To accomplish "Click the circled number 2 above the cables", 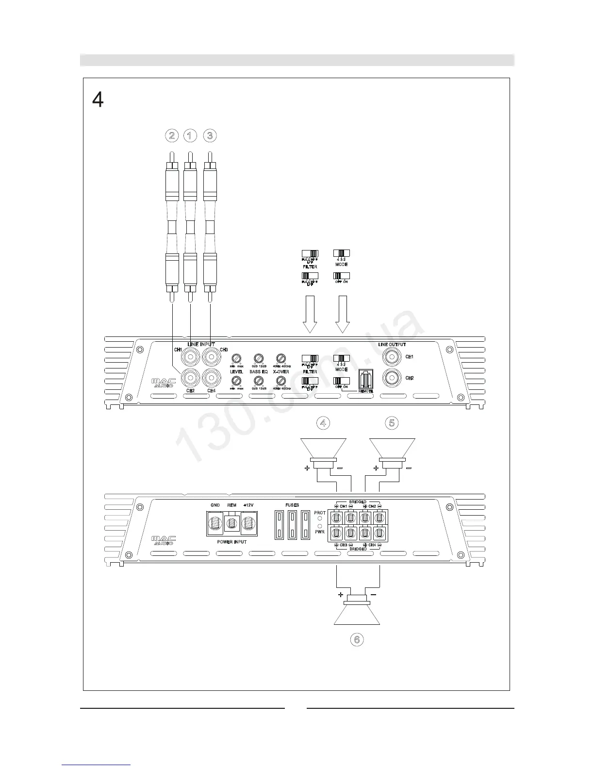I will click(171, 135).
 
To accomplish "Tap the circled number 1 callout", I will click(190, 135).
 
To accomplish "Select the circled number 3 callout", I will click(210, 135).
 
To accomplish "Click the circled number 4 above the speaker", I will click(323, 423).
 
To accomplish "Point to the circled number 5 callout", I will click(392, 423).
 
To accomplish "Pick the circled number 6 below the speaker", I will click(357, 639).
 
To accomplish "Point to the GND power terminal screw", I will click(215, 524).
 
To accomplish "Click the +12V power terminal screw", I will click(248, 524).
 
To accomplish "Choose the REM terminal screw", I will click(232, 523).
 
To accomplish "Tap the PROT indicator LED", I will click(320, 519).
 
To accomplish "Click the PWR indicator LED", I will click(320, 526).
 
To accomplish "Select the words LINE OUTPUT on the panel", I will click(392, 344).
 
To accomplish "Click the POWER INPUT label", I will click(231, 542).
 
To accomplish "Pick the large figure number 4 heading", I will click(98, 100).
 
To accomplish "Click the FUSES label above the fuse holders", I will click(292, 505).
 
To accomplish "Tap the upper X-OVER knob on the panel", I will click(280, 359).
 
